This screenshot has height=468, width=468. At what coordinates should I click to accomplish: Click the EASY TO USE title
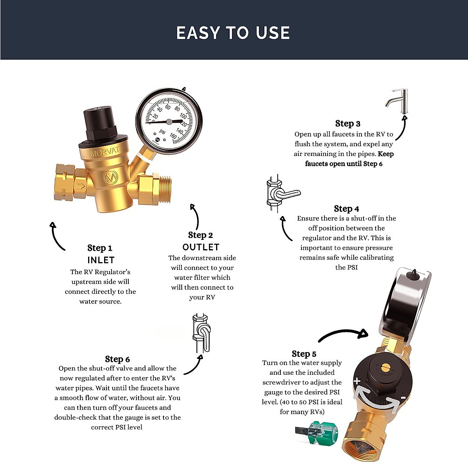pyautogui.click(x=233, y=33)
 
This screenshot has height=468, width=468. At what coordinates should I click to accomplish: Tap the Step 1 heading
pyautogui.click(x=100, y=248)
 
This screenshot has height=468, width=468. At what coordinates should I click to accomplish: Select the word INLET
pyautogui.click(x=101, y=260)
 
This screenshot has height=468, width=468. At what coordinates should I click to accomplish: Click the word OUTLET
pyautogui.click(x=201, y=247)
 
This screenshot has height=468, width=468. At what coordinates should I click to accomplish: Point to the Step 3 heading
pyautogui.click(x=347, y=124)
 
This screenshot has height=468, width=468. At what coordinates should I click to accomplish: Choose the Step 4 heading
pyautogui.click(x=346, y=209)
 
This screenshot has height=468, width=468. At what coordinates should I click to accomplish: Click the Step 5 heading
pyautogui.click(x=304, y=354)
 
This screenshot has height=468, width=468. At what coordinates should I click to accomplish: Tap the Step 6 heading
pyautogui.click(x=117, y=359)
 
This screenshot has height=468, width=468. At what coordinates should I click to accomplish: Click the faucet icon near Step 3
pyautogui.click(x=398, y=101)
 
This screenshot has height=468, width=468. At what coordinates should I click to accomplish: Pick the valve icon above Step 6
pyautogui.click(x=201, y=332)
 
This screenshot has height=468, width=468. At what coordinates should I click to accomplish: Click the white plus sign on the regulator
pyautogui.click(x=357, y=381)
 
